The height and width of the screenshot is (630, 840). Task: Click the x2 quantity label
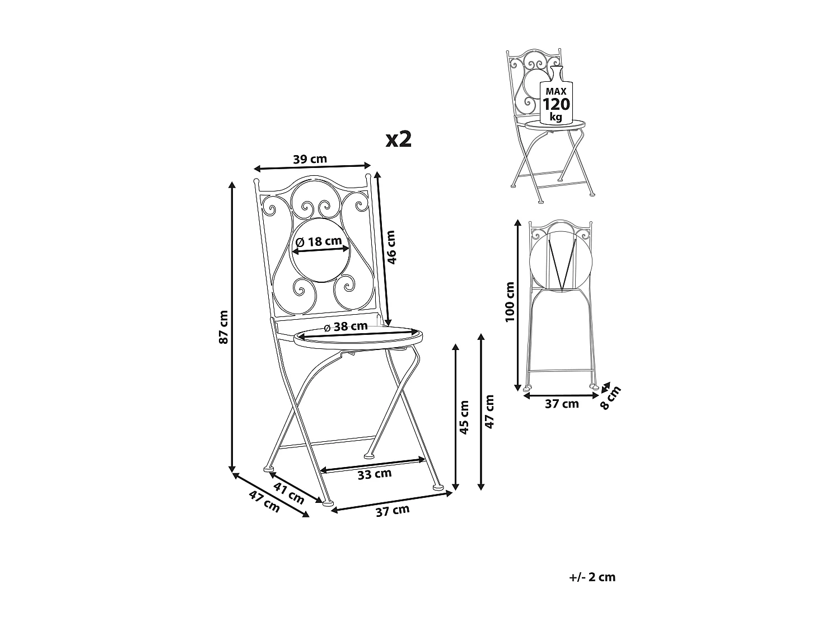(x=399, y=139)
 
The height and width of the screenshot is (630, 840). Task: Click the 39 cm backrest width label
(x=310, y=158)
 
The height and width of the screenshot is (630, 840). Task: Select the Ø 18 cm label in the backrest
(x=318, y=241)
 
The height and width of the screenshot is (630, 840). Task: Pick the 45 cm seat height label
(x=464, y=417)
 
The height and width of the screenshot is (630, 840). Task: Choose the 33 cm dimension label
(x=375, y=474)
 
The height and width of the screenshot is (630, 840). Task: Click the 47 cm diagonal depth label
(x=264, y=502)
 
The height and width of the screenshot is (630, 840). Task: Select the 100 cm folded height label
(x=509, y=302)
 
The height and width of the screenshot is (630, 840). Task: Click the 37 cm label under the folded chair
(x=562, y=404)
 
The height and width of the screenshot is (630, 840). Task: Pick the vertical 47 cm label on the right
(x=489, y=412)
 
